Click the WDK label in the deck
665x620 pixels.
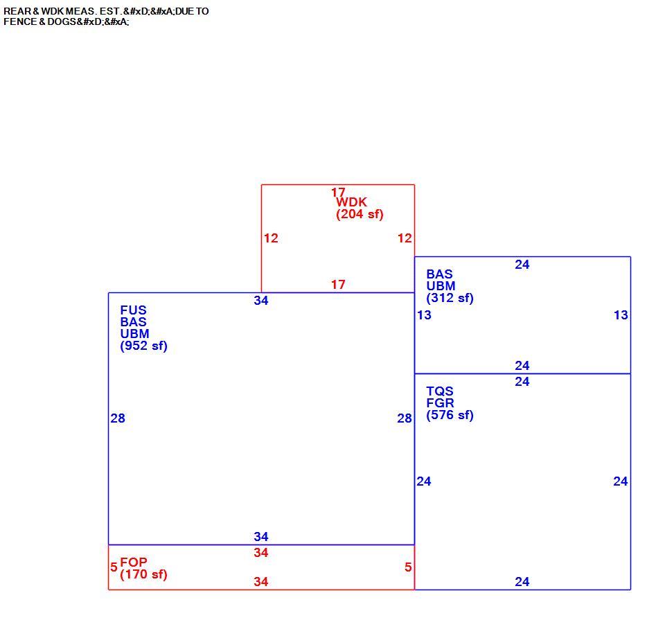click(x=351, y=202)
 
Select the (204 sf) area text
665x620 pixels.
click(x=360, y=214)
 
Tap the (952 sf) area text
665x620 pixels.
click(x=144, y=346)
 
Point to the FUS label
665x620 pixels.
click(x=133, y=310)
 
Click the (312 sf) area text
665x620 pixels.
click(x=450, y=298)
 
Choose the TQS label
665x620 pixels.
click(x=440, y=391)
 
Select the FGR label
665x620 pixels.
click(x=441, y=403)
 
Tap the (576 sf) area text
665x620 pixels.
click(x=450, y=415)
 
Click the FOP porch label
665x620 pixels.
click(x=134, y=563)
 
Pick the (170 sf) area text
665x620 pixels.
click(x=144, y=574)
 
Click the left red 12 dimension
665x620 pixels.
click(x=271, y=238)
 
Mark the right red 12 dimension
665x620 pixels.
click(x=405, y=238)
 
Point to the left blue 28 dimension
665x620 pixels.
click(x=118, y=418)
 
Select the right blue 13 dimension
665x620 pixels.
click(x=621, y=315)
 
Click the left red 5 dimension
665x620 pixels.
click(x=114, y=567)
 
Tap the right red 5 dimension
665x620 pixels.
click(x=408, y=567)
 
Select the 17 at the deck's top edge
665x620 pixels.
click(x=338, y=192)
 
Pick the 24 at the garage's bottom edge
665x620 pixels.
click(x=522, y=582)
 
